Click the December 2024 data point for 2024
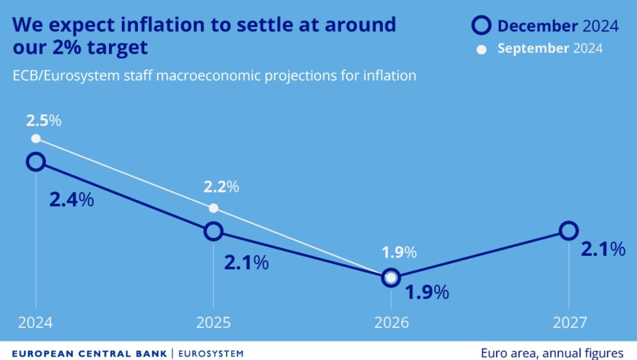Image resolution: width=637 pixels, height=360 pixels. [36, 162]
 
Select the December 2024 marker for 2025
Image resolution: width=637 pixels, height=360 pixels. [213, 231]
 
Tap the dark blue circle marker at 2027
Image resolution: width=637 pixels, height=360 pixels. [569, 231]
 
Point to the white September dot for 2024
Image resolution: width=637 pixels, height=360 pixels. [36, 139]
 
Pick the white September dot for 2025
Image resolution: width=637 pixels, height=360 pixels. [213, 208]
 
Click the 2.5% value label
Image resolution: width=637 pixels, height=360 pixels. [43, 121]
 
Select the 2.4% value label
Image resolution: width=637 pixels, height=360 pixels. [71, 199]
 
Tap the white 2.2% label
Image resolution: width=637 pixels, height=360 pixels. [221, 187]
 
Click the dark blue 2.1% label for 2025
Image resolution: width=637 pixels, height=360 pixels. [246, 263]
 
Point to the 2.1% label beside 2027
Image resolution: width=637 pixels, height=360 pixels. [603, 249]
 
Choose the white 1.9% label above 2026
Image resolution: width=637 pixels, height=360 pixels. [399, 252]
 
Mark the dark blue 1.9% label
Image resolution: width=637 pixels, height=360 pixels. [427, 292]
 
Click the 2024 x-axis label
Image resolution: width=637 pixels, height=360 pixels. [36, 323]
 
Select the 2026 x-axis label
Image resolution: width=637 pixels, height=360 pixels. [391, 323]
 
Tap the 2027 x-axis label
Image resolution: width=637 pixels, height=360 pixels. [569, 323]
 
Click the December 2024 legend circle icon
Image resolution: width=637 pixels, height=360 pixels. [481, 26]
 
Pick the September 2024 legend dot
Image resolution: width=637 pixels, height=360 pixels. [481, 50]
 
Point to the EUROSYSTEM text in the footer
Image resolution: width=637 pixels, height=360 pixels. [211, 354]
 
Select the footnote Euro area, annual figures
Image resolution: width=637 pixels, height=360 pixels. [552, 353]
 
